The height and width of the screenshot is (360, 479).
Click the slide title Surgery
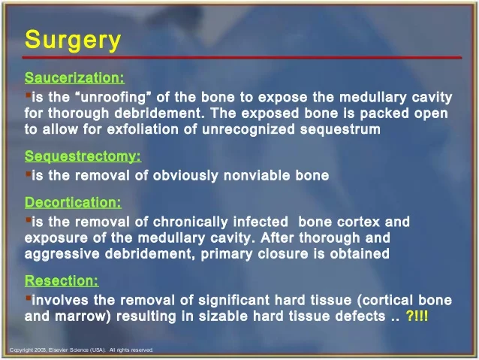(72, 40)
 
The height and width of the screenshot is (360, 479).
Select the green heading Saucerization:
(74, 77)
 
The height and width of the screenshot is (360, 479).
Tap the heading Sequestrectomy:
(83, 156)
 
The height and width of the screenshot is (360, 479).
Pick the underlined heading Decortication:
(73, 202)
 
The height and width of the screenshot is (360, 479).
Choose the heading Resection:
(62, 281)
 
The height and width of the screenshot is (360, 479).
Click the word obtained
(359, 254)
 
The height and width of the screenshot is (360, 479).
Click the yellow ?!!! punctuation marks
(417, 316)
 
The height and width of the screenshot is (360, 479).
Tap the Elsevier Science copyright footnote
(82, 350)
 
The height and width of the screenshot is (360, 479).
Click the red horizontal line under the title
(240, 57)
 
